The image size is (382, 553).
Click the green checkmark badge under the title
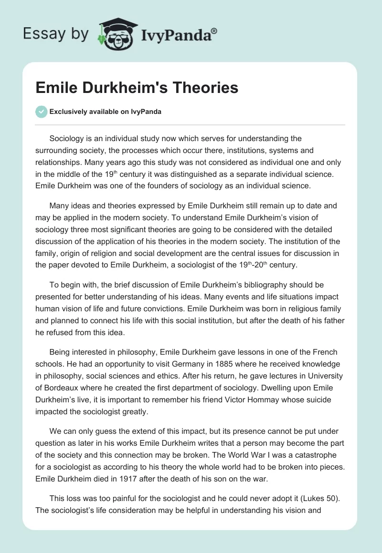[x=42, y=112]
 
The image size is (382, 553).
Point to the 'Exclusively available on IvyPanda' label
[x=106, y=112]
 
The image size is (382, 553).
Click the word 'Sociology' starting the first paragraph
[x=66, y=139]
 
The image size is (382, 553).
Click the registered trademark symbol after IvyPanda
[x=214, y=30]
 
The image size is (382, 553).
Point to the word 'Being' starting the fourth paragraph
[x=59, y=352]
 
